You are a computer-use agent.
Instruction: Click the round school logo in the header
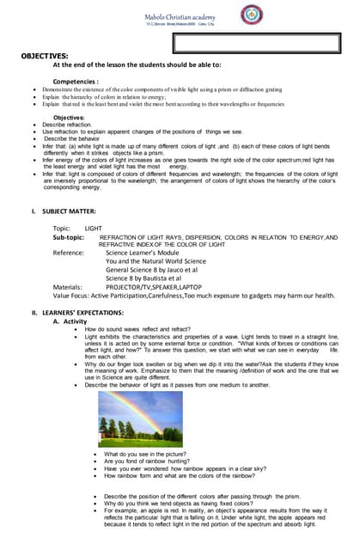point(251,15)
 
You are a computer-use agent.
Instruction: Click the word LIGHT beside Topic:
point(94,228)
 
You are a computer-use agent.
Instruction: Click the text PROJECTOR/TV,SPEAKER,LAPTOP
point(154,286)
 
